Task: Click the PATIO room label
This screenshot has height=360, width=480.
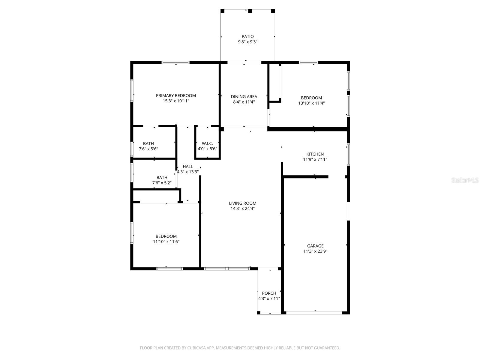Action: (x=247, y=37)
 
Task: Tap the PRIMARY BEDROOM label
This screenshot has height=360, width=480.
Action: (x=176, y=96)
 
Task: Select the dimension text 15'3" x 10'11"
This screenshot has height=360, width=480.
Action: (x=176, y=101)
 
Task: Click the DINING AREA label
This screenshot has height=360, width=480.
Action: (x=244, y=97)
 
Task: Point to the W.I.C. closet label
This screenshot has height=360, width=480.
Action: (x=207, y=144)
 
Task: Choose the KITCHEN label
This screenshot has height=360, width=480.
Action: (x=315, y=154)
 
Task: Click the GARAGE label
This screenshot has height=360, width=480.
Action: (x=315, y=246)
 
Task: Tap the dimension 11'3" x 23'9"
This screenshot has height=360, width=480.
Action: (x=315, y=251)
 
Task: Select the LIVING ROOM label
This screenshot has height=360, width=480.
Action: (x=242, y=203)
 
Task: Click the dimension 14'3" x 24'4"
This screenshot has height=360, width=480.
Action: (x=242, y=209)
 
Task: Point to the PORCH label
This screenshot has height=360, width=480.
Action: (x=269, y=293)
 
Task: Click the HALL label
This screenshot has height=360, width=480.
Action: (x=188, y=167)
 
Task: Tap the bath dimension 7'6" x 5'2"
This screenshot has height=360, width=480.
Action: (x=162, y=183)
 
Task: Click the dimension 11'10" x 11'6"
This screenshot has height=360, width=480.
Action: (x=166, y=242)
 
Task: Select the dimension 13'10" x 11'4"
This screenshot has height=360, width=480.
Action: (x=311, y=103)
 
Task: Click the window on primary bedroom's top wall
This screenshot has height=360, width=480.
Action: (x=175, y=62)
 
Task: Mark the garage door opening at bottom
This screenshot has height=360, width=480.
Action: (x=314, y=313)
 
